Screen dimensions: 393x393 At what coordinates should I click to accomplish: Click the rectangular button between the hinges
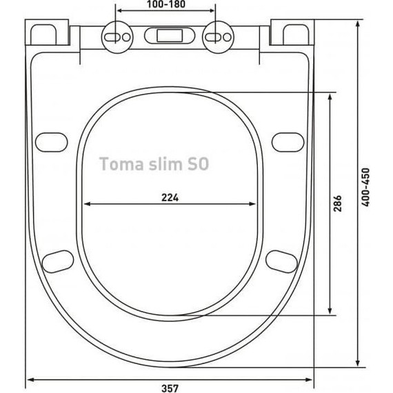click(166, 34)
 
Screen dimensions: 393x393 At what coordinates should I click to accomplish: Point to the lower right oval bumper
click(281, 261)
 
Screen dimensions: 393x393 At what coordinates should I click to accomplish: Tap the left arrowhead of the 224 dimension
click(87, 204)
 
